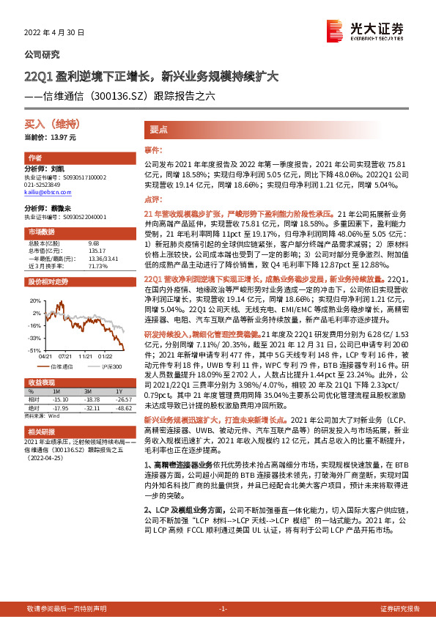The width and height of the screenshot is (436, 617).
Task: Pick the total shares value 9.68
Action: coord(93,243)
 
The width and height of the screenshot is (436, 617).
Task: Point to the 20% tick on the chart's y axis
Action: coord(35,300)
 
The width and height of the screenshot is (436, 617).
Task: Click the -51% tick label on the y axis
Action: coord(34,351)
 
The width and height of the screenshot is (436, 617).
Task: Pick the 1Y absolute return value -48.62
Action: coord(120,407)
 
